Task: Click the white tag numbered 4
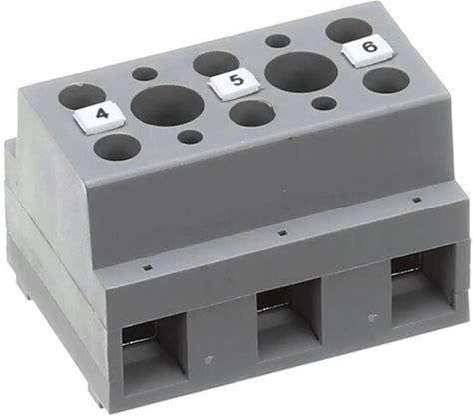tap(99, 118)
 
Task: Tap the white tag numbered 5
tap(235, 82)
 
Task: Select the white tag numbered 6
tap(369, 50)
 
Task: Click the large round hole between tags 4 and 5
tap(168, 105)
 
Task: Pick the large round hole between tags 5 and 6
tap(302, 73)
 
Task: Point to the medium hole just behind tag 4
tap(81, 96)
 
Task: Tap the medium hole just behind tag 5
tap(216, 63)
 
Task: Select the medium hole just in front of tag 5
tap(252, 114)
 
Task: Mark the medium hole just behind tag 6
tap(349, 31)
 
